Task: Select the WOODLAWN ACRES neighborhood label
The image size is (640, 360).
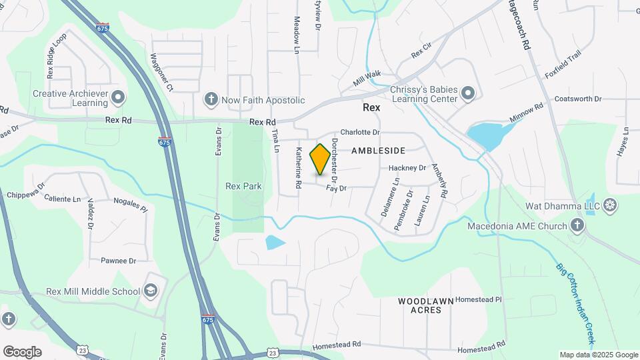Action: coord(426,305)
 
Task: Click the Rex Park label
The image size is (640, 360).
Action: coord(243,186)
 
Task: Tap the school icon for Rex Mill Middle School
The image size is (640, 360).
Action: coord(151,291)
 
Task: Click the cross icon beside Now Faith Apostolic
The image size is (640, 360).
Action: coord(211,100)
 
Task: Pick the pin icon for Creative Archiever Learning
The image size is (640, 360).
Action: coord(119,98)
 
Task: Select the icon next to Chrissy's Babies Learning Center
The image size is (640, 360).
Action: coord(468,94)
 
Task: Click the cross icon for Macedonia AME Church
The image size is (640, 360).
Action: coord(577,225)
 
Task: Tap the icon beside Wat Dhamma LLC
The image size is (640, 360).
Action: coord(610,205)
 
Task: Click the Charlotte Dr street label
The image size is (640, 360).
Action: coord(359,132)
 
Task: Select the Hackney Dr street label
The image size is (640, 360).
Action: coord(407,168)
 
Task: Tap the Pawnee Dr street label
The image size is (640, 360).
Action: coord(118,261)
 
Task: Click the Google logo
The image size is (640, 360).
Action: coord(22,352)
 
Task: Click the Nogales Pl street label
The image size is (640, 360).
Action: coord(130,204)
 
